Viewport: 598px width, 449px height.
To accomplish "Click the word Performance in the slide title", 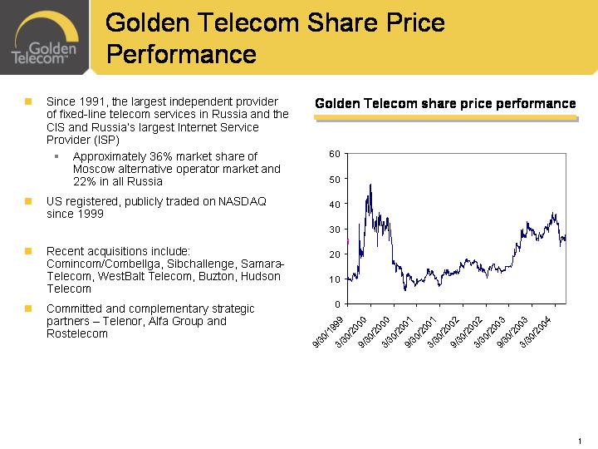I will pyautogui.click(x=181, y=54).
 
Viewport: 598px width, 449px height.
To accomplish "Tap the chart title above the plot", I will pyautogui.click(x=445, y=104).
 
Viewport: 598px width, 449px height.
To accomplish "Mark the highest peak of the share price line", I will pyautogui.click(x=370, y=184).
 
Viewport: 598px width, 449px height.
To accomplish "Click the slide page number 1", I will pyautogui.click(x=577, y=440).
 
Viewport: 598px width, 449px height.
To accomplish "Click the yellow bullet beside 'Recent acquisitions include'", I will pyautogui.click(x=27, y=249).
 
